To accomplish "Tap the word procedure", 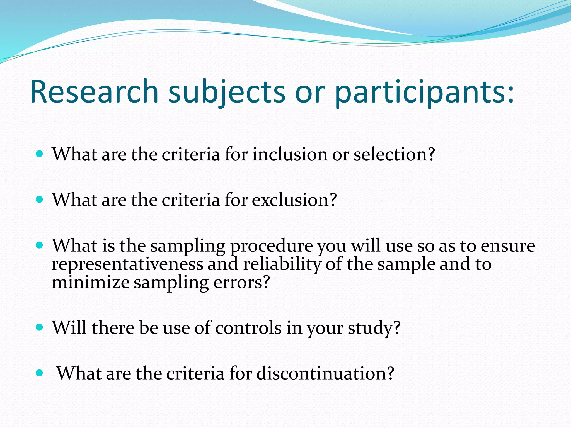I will pos(272,246).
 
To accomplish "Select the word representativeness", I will pos(127,264).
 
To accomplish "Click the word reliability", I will pos(282,264).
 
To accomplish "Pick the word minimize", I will pos(90,282).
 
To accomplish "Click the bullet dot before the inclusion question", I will pos(40,154).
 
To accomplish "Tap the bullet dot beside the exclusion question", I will pos(40,200).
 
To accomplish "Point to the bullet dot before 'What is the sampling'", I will pos(40,245).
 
